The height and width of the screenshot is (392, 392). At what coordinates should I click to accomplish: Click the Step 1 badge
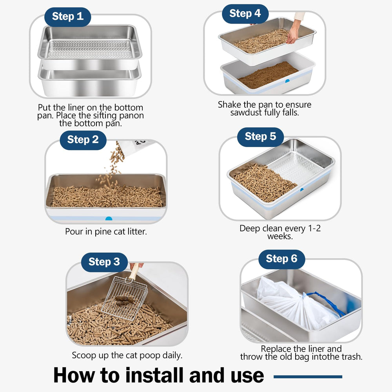click(67, 16)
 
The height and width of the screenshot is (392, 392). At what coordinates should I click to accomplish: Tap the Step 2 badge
click(83, 140)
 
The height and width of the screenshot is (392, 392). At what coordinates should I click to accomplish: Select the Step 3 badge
click(104, 262)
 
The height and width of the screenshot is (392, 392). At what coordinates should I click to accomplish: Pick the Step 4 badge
click(245, 14)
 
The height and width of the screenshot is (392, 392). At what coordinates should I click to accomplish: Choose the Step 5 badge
click(260, 137)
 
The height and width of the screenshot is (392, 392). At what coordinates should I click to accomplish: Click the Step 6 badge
click(281, 259)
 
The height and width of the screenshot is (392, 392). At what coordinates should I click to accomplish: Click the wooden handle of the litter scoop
click(134, 271)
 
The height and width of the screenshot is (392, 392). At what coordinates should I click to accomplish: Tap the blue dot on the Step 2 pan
click(109, 218)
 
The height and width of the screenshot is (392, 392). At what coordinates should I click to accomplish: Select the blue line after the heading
click(308, 377)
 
